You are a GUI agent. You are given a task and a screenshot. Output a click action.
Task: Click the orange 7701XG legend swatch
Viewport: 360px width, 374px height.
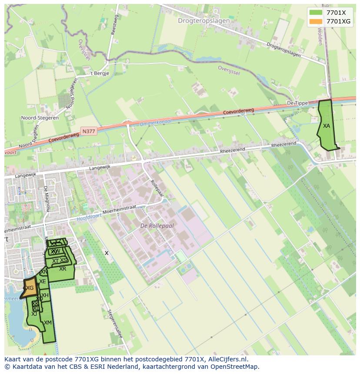pos(316,21)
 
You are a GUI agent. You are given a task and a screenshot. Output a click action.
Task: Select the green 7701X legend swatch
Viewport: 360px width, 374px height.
pos(316,13)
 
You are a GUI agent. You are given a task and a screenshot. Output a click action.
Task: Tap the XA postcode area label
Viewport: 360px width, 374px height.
pos(327,126)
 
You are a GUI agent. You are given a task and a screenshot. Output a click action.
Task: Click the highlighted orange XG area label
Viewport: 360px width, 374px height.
pos(30,288)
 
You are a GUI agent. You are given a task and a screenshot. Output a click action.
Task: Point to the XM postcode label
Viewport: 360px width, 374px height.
pos(48,323)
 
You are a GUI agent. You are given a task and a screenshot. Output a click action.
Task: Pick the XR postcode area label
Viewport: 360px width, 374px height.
pos(63,269)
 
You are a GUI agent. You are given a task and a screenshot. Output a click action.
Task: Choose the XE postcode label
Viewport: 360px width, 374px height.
pos(42,281)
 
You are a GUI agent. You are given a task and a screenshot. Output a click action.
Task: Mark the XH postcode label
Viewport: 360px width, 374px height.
pos(45,295)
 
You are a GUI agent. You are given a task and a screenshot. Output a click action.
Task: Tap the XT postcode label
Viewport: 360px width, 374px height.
pos(55,261)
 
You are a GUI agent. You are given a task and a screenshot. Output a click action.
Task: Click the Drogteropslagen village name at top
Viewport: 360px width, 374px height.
pos(204,20)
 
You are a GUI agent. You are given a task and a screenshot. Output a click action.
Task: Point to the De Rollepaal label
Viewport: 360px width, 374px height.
pos(157,226)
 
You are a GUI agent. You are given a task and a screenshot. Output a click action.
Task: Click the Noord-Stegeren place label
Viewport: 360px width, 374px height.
pos(40,118)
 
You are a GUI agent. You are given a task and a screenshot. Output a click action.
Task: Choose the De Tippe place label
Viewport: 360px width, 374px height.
pos(297,103)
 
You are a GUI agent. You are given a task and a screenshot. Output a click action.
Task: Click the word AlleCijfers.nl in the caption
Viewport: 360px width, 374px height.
pos(226,359)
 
